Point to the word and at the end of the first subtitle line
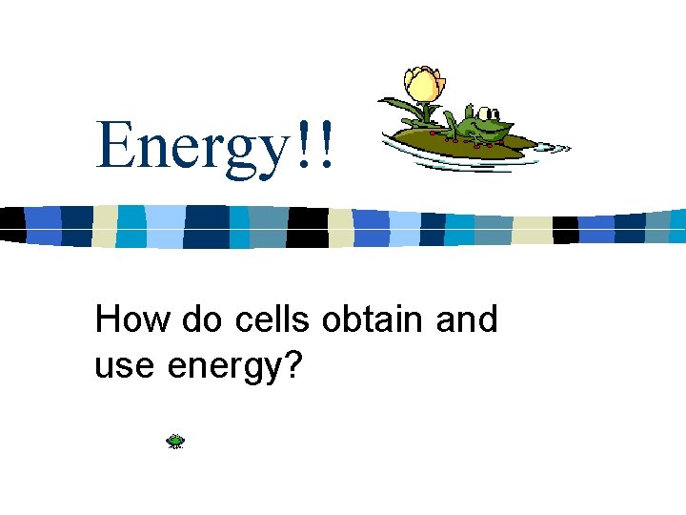466,319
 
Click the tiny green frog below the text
175,441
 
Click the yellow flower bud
423,85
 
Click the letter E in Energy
114,145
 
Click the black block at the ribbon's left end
11,223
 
